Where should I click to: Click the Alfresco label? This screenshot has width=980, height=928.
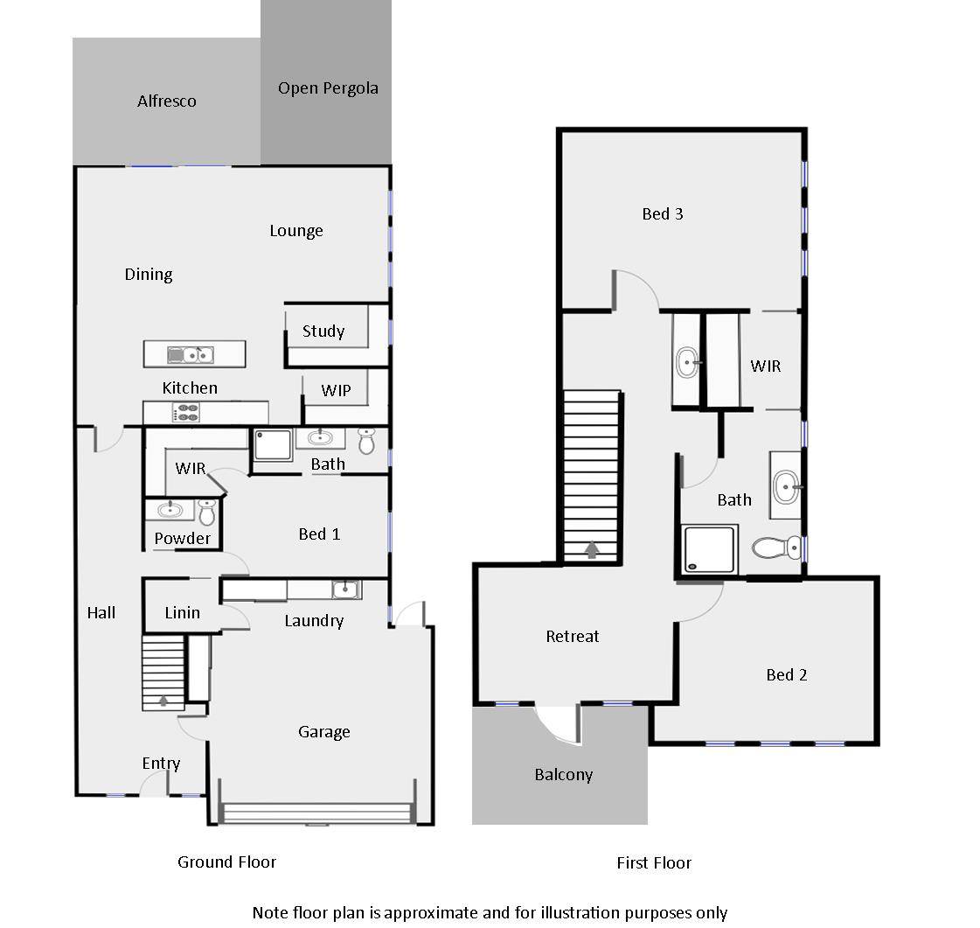[166, 101]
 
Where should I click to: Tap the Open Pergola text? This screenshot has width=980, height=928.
[328, 88]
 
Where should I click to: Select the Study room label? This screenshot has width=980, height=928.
[323, 331]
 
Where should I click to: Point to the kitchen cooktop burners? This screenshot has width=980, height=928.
[188, 413]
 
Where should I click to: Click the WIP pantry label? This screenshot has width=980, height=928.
[336, 391]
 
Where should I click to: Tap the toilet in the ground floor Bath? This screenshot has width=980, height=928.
[366, 441]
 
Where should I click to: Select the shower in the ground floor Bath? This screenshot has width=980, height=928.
[273, 445]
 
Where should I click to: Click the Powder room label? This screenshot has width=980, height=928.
[182, 539]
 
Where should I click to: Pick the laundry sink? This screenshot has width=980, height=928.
[346, 589]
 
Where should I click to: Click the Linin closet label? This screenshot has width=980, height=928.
[182, 613]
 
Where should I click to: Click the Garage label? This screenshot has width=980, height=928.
[323, 732]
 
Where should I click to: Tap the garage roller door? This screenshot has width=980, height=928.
[317, 814]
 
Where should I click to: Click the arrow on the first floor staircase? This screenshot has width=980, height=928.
[591, 550]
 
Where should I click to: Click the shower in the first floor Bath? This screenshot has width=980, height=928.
[709, 549]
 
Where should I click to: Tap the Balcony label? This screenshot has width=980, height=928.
[563, 775]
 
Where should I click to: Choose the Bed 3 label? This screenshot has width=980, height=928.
[662, 214]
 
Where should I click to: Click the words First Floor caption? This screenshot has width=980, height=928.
[653, 863]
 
